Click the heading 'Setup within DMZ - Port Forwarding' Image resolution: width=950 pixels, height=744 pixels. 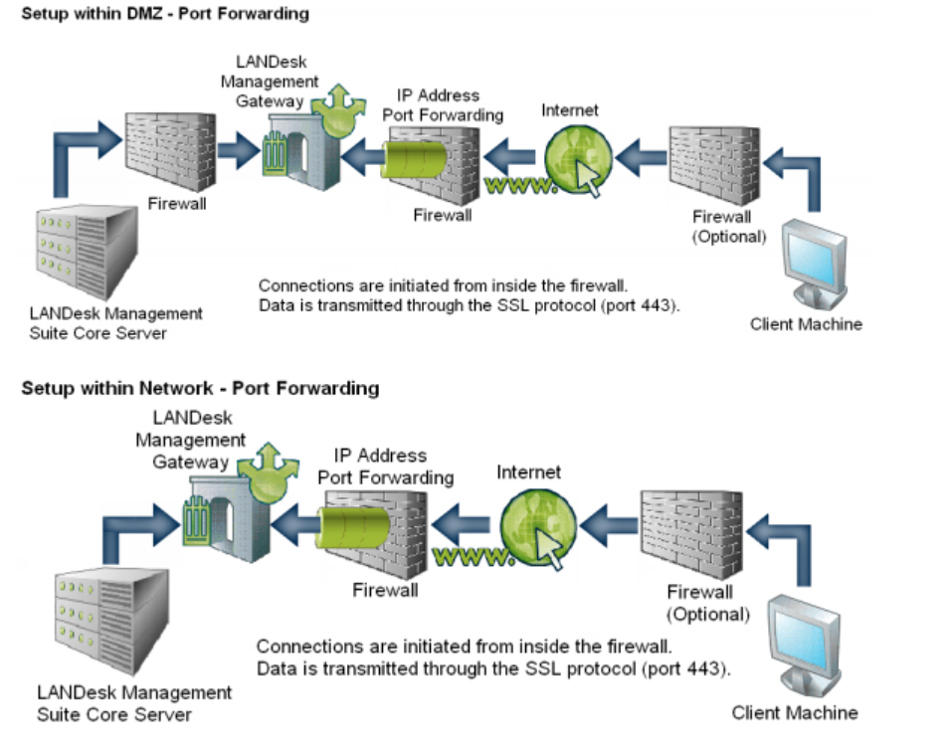click(x=165, y=14)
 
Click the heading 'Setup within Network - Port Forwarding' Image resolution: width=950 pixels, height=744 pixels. click(x=200, y=388)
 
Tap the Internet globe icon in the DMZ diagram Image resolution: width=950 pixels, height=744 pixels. click(x=571, y=159)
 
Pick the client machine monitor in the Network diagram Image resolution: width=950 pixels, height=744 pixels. click(x=801, y=643)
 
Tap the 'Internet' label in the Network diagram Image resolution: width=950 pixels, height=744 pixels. click(x=529, y=472)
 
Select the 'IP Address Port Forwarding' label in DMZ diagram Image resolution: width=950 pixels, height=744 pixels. click(x=444, y=104)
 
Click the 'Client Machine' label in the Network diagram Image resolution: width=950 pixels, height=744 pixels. click(x=794, y=712)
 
